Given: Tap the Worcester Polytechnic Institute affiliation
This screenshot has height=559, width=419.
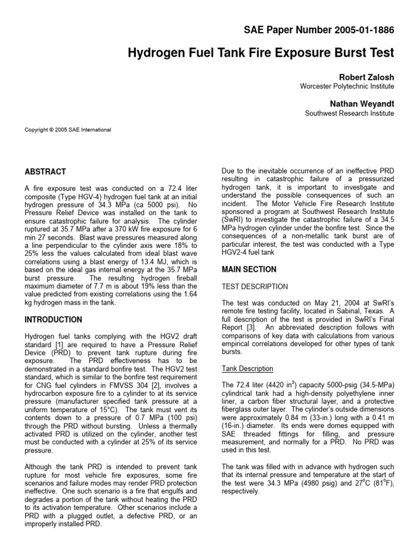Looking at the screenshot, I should [347, 86].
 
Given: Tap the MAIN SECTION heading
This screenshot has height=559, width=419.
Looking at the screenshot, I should [249, 270].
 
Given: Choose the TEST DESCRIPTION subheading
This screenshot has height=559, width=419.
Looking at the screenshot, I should [255, 287].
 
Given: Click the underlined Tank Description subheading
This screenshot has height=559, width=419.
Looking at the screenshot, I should [247, 368].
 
